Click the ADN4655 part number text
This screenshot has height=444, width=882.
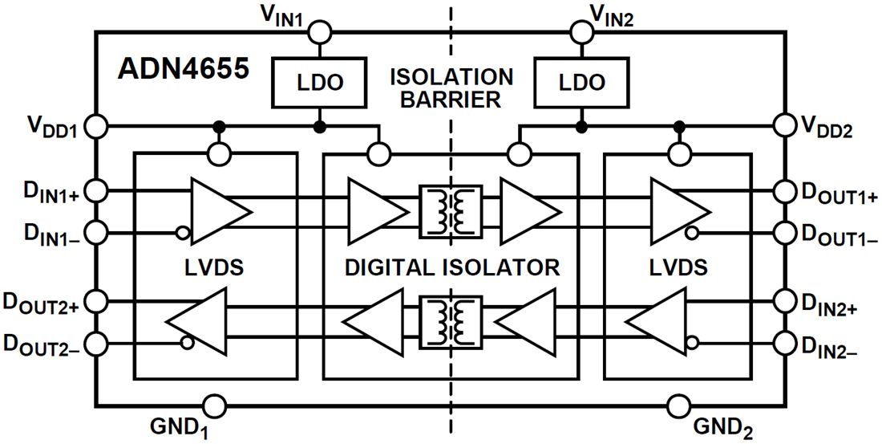click(x=184, y=67)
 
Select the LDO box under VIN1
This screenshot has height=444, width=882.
click(x=320, y=83)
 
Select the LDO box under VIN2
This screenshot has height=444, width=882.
click(x=581, y=83)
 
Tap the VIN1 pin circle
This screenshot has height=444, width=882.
click(x=320, y=31)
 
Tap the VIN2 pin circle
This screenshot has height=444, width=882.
click(x=581, y=31)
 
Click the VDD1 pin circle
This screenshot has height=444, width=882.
click(x=96, y=126)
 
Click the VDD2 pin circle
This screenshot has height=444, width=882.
click(x=784, y=126)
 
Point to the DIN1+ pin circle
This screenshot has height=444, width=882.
click(x=96, y=190)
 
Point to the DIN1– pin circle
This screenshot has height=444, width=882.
click(x=96, y=234)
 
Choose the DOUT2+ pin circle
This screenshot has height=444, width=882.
click(x=96, y=301)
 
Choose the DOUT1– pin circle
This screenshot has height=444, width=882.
click(x=784, y=234)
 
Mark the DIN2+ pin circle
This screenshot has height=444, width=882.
click(x=784, y=301)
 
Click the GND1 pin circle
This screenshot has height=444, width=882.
click(x=215, y=405)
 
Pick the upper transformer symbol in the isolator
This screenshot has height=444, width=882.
click(x=450, y=212)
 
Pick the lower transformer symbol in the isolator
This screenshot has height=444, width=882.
click(x=450, y=323)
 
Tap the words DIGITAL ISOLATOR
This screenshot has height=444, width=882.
click(x=451, y=267)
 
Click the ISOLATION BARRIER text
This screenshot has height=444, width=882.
click(x=451, y=88)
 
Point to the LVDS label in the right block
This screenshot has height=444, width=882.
click(x=678, y=267)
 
